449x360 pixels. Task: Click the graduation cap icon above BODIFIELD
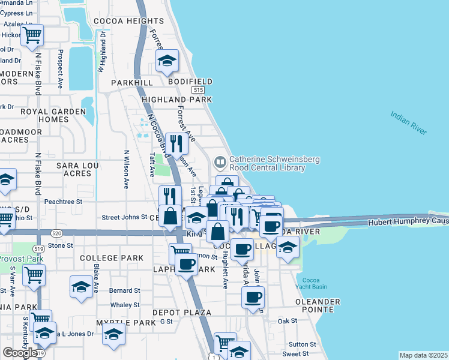point(167,60)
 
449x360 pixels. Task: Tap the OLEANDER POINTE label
point(317,305)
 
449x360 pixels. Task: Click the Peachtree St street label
point(62,202)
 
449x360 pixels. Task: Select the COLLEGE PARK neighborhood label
point(112,258)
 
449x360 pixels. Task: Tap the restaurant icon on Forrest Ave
point(176,144)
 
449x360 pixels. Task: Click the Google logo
point(20,353)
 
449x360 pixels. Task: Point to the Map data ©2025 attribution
point(423,355)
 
